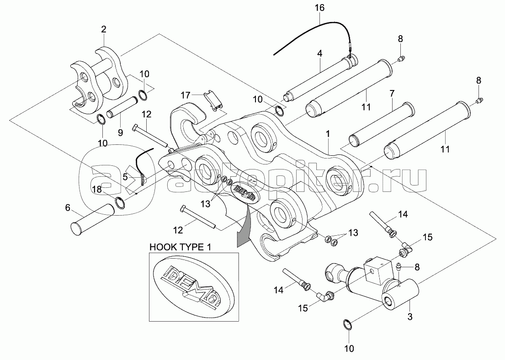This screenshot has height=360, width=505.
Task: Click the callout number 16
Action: point(319,8)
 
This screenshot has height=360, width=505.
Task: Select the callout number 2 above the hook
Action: point(104,29)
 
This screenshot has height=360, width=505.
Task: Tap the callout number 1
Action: point(327,135)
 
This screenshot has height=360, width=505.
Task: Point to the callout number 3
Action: point(409,316)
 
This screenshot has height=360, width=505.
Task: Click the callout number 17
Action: point(184,95)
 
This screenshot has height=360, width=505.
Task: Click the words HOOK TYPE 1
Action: point(181,247)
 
